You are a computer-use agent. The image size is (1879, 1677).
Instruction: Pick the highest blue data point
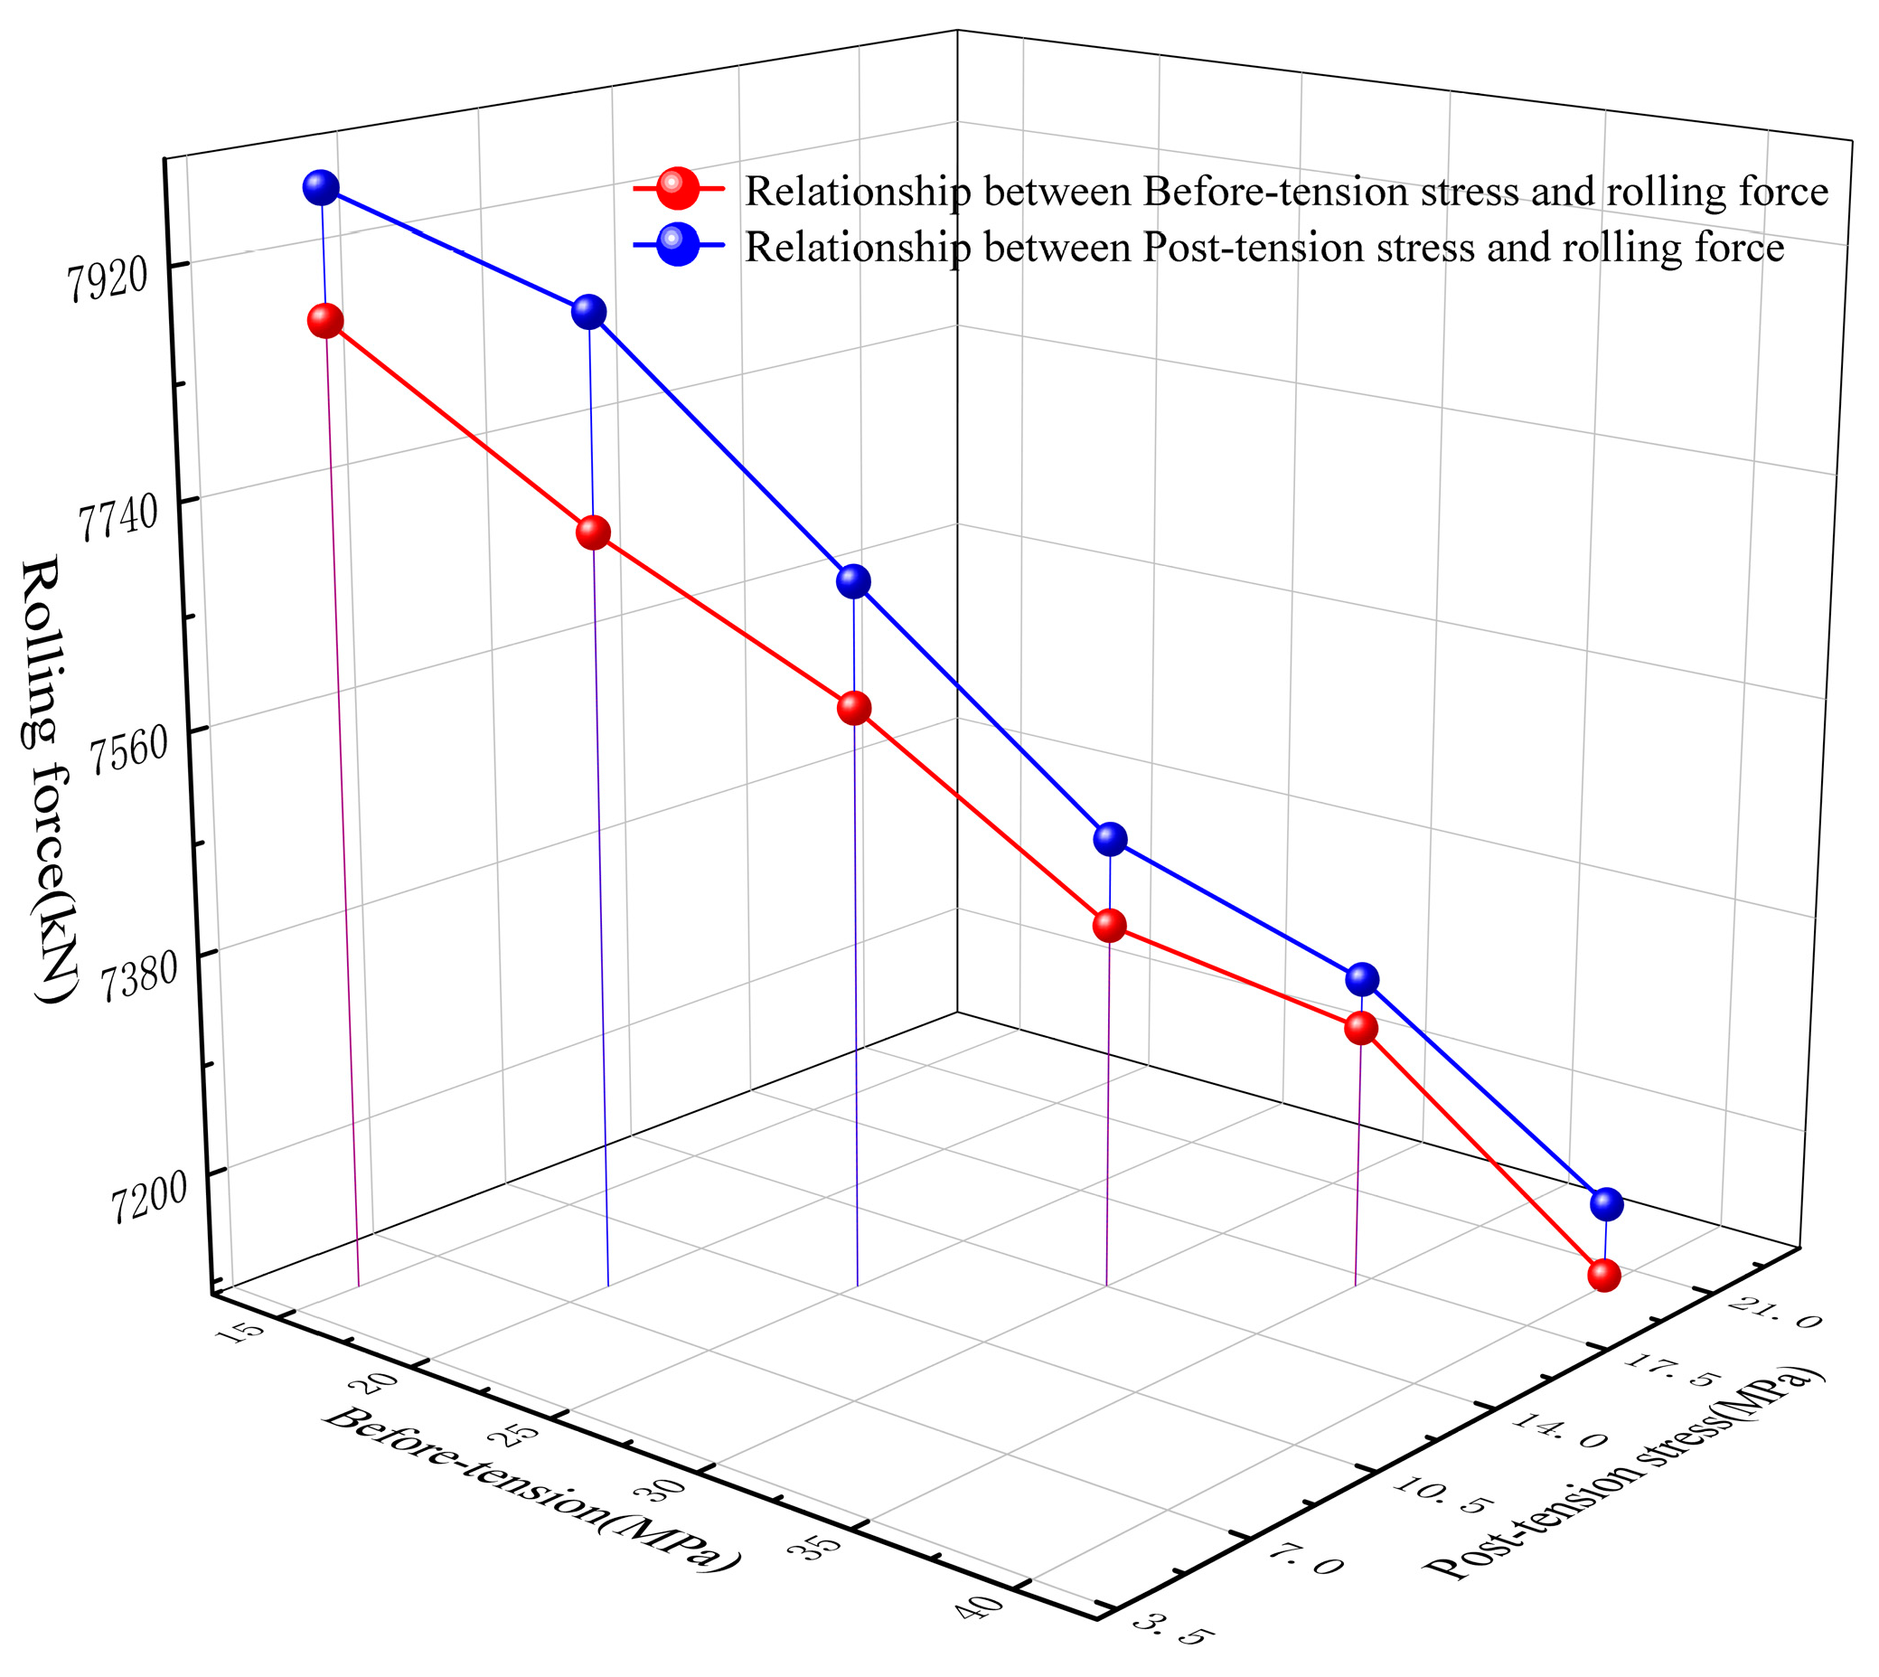coord(321,188)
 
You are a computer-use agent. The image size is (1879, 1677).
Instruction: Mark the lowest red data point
coord(1603,1276)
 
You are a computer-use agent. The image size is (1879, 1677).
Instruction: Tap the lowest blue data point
coord(1606,1203)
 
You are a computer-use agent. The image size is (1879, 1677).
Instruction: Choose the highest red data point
coord(325,321)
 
